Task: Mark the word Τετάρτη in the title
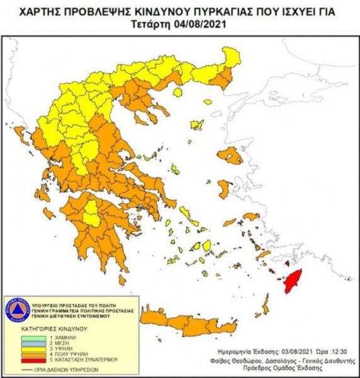[x=153, y=24]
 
